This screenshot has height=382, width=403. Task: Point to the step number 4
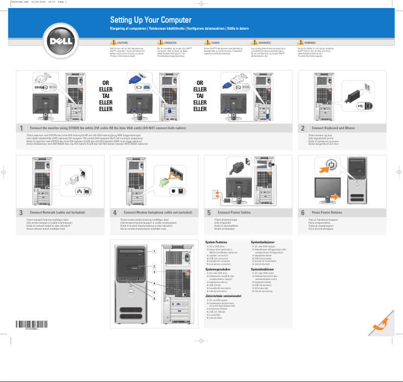coord(115,213)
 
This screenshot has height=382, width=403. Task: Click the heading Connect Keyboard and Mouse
coord(333,128)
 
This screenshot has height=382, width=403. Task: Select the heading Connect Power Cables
coord(234,213)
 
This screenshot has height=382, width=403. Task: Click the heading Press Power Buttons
coord(327,213)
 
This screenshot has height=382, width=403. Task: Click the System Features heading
coord(220,242)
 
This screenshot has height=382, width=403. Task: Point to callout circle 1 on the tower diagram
coord(155,251)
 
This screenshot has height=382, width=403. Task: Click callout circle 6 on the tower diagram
coord(155,299)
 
